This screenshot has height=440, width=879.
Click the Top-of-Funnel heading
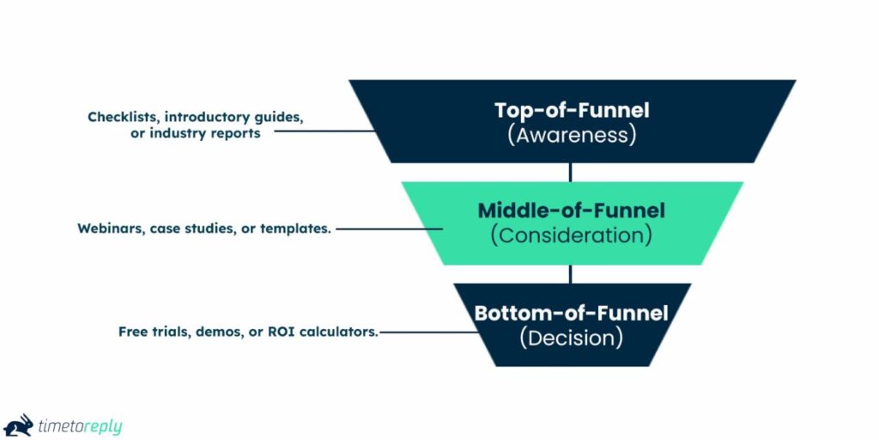572,110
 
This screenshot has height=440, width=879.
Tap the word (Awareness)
572,135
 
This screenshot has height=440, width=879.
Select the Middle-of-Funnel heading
571,210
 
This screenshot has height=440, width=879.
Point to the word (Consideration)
571,235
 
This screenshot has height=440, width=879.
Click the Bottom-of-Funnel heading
571,313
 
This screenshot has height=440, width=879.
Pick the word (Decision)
571,338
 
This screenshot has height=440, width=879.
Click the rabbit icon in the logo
19,425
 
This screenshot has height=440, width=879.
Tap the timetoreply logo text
78,426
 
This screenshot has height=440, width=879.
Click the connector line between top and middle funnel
571,172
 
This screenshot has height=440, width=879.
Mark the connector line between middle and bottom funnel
571,274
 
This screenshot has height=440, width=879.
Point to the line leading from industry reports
326,131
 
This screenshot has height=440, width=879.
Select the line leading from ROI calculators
429,331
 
